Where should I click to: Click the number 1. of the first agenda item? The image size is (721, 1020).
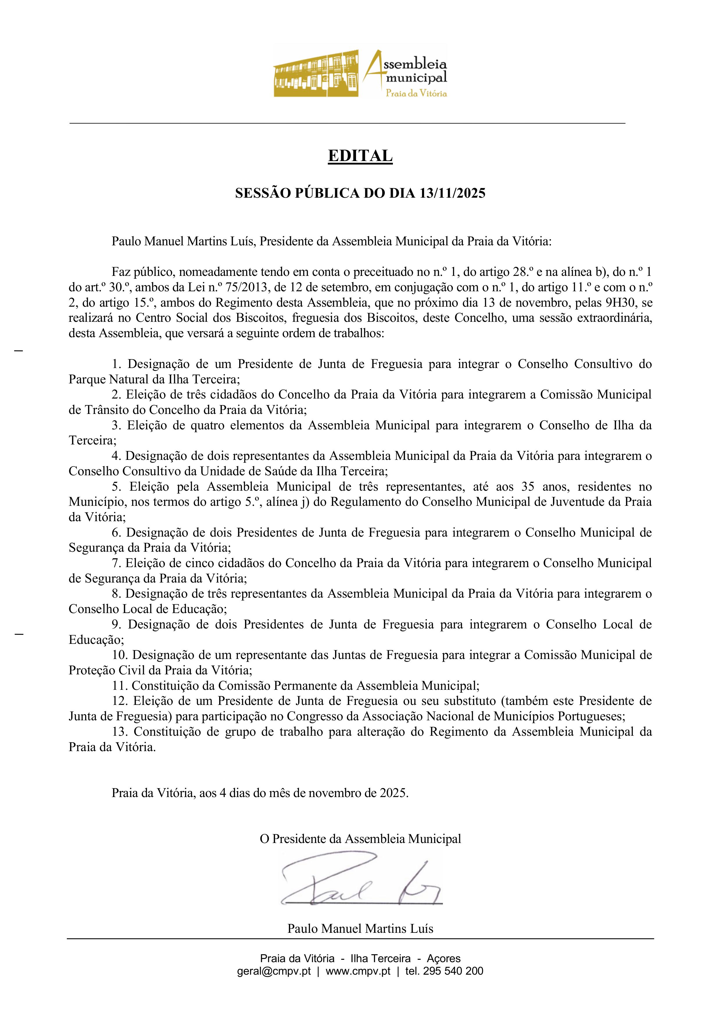tap(117, 364)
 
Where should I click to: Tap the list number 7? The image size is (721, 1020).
tap(117, 563)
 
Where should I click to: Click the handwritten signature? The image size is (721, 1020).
tap(360, 880)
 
